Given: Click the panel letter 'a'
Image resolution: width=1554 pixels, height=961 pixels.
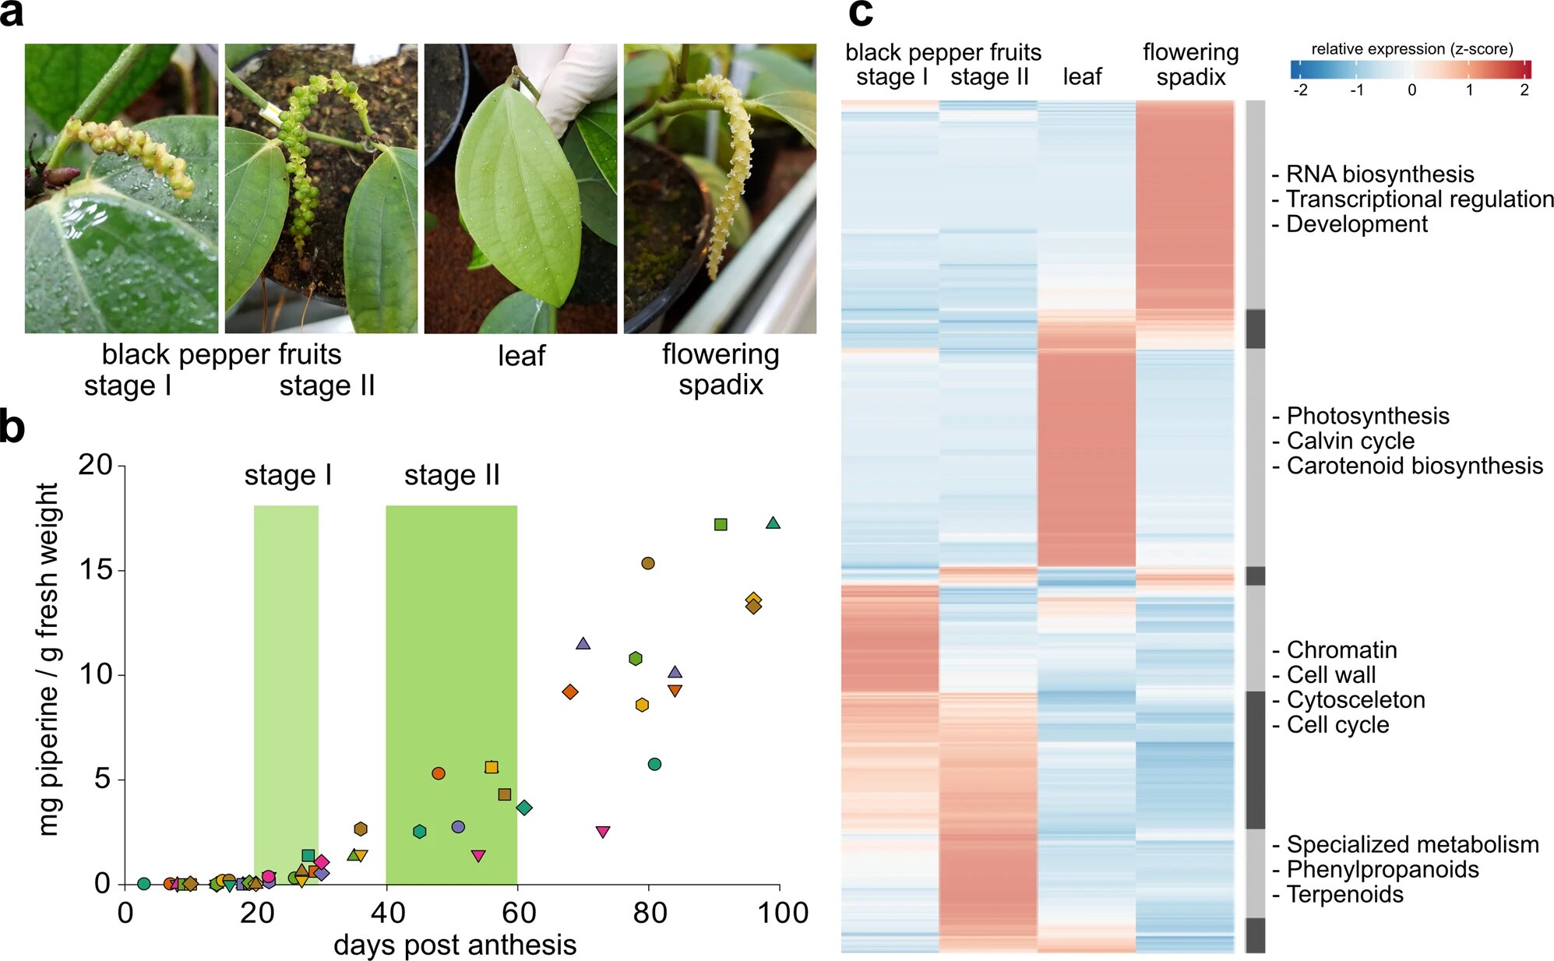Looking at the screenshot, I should point(12,14).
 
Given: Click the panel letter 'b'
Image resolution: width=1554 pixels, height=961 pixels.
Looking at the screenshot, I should point(12,428).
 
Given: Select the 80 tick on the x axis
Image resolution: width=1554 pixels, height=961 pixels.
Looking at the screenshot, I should point(650,913).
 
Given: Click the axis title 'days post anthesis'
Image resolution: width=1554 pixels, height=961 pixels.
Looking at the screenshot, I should point(455,945).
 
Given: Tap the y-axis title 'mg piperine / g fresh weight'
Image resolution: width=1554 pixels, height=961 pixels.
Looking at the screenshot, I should point(48,659).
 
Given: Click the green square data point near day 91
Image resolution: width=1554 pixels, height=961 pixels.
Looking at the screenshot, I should point(721,525).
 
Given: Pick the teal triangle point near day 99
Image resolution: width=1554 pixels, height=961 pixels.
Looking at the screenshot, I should point(773,523).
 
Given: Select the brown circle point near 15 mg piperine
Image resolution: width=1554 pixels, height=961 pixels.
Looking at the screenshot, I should point(648,563).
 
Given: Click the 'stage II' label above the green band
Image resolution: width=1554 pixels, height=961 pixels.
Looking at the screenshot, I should point(452,475).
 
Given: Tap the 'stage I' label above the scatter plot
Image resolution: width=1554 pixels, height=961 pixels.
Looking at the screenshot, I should point(288,475).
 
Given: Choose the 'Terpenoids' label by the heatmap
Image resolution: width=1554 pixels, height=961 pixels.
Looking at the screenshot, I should point(1344,894).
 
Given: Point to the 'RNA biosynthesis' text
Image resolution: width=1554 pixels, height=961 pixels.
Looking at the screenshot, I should point(1380,174).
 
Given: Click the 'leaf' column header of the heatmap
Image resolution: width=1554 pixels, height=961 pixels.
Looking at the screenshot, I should point(1082,76).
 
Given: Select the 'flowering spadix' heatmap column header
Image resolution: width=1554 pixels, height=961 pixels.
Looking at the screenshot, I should point(1190,65).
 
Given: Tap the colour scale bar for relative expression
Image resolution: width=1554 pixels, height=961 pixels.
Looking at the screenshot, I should point(1411,69).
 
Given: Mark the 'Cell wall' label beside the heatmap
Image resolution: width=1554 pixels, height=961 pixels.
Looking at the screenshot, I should point(1330,674).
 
